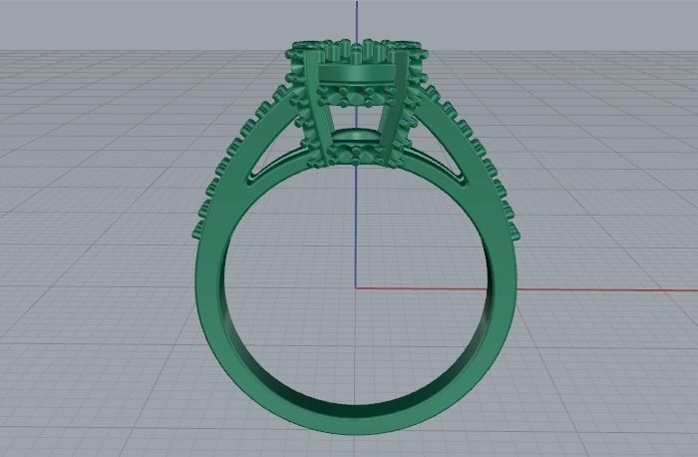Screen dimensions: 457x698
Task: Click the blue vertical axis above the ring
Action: pos(356,20)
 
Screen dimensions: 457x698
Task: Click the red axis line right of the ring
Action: pos(598,290)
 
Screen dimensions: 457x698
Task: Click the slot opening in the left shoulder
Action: pos(269,160)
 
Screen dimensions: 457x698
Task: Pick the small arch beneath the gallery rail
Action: pos(356,136)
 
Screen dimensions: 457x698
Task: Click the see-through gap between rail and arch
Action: pos(356,113)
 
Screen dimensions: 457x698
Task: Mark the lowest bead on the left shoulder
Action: pos(198,231)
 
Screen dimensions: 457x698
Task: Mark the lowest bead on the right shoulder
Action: pos(514,230)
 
